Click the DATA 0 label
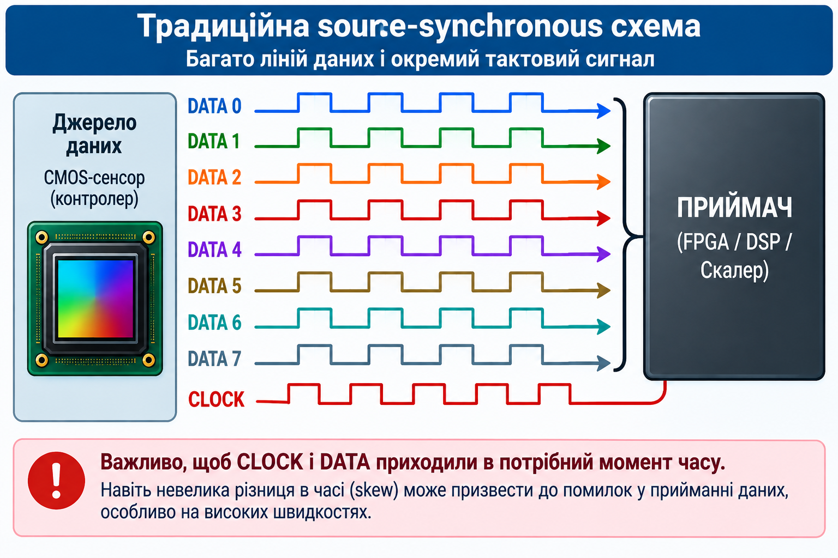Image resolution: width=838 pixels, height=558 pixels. [214, 106]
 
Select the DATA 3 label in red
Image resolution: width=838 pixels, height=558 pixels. [214, 214]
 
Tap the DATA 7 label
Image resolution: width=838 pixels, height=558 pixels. [214, 359]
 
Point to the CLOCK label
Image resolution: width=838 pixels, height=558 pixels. [216, 399]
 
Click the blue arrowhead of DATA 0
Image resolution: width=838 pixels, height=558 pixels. [604, 111]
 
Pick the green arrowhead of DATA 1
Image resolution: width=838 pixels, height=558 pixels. [604, 145]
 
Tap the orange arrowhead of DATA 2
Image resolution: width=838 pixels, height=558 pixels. [604, 181]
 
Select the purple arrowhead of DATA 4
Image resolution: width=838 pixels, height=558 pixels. [604, 254]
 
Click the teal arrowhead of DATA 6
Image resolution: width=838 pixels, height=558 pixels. [604, 326]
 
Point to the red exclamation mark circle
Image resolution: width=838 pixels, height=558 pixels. [57, 481]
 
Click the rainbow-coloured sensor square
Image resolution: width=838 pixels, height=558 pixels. [95, 299]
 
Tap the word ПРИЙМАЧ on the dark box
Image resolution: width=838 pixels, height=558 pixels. [734, 208]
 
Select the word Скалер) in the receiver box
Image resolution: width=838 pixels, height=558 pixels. [734, 270]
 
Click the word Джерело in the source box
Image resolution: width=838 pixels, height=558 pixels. [94, 123]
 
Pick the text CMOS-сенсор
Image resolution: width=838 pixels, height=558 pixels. [94, 178]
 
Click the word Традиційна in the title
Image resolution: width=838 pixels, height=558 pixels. [223, 27]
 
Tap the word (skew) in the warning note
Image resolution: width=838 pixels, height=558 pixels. [374, 490]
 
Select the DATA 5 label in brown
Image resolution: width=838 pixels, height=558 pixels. [214, 286]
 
